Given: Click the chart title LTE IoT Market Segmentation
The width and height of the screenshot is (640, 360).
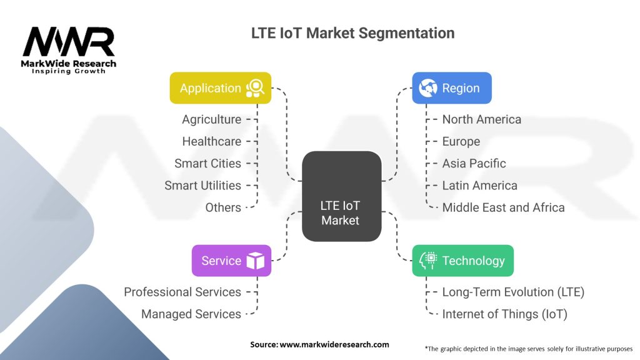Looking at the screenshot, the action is pyautogui.click(x=352, y=32).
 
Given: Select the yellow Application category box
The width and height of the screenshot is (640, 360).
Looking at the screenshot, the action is pyautogui.click(x=221, y=88).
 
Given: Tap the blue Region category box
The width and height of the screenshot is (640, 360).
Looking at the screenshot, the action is pyautogui.click(x=451, y=88).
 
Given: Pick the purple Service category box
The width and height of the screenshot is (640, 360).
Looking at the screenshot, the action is pyautogui.click(x=231, y=261).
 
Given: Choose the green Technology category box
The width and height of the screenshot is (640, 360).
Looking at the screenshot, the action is pyautogui.click(x=462, y=261).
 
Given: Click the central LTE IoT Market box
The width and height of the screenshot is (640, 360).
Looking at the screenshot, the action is pyautogui.click(x=341, y=196).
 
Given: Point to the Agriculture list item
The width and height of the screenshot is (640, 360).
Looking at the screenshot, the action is pyautogui.click(x=211, y=119).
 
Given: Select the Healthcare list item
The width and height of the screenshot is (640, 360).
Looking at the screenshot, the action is pyautogui.click(x=211, y=141).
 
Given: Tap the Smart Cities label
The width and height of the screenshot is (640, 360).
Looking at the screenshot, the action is pyautogui.click(x=207, y=163).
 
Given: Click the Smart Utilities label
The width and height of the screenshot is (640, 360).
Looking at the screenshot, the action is pyautogui.click(x=202, y=186).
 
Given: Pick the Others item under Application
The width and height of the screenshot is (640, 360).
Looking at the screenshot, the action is pyautogui.click(x=223, y=207).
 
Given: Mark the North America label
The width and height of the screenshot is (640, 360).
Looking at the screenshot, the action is pyautogui.click(x=481, y=119).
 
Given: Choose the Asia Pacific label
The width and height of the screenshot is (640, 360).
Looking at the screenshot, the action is pyautogui.click(x=474, y=163).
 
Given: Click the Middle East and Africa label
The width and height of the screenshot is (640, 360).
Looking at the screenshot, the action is pyautogui.click(x=503, y=207).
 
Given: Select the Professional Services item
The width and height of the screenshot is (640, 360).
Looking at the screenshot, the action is pyautogui.click(x=182, y=292).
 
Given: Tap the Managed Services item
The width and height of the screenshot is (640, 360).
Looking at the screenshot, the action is pyautogui.click(x=191, y=314).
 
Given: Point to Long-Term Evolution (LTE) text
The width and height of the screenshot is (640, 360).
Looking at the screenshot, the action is pyautogui.click(x=513, y=292).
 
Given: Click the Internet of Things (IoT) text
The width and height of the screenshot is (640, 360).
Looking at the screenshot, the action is pyautogui.click(x=504, y=314).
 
